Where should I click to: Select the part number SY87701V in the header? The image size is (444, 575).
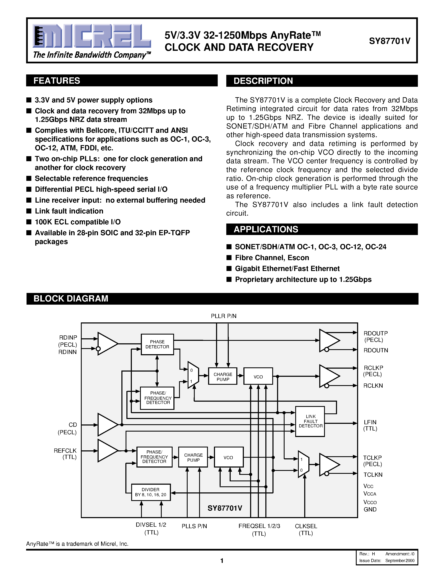(x=389, y=41)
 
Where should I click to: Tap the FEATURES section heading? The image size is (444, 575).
(x=57, y=80)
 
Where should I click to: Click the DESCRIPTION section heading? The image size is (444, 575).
(x=263, y=81)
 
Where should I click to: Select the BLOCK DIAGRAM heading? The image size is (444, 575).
(x=71, y=299)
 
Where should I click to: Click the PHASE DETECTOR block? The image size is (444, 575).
(x=157, y=344)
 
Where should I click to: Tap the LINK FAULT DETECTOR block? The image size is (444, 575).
(x=310, y=421)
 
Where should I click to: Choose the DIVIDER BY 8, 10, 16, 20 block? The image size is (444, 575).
(x=151, y=492)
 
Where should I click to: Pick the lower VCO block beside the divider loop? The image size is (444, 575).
(x=228, y=457)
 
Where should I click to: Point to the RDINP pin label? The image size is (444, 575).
(x=68, y=337)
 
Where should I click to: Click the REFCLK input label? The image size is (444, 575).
(x=65, y=451)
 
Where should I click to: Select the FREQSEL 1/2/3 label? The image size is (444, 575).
(x=259, y=526)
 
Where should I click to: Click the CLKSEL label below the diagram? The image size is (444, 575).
(x=306, y=526)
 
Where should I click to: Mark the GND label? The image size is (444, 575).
(x=370, y=509)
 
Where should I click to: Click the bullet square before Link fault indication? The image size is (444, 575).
(x=29, y=211)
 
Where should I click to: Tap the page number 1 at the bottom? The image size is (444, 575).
(x=222, y=561)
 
